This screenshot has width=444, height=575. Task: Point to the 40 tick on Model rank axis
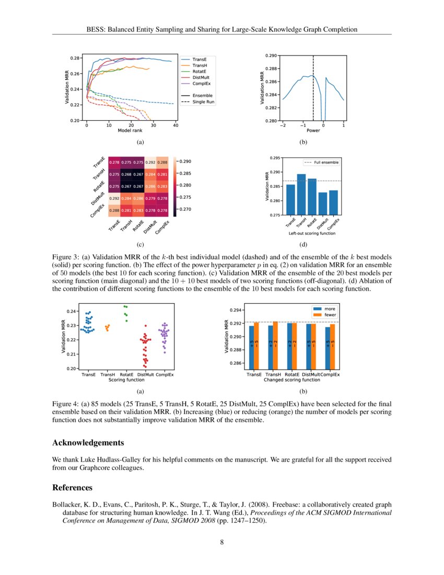click(176, 125)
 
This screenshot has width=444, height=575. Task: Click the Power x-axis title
click(313, 131)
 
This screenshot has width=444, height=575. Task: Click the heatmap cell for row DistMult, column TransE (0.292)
click(114, 198)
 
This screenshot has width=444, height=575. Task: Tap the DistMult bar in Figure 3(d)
click(323, 204)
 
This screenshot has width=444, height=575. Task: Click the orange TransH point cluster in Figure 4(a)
click(108, 328)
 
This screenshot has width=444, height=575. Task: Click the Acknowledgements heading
click(88, 443)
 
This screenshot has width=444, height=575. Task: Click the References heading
click(72, 488)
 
